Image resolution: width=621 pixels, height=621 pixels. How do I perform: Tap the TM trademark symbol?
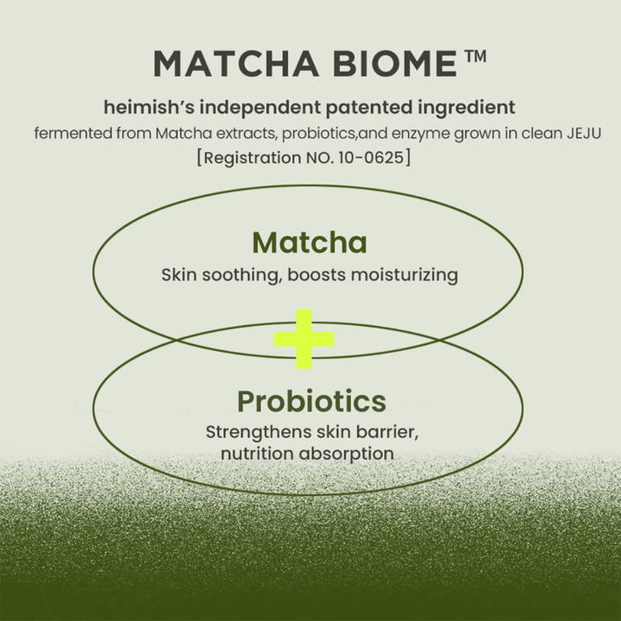475,57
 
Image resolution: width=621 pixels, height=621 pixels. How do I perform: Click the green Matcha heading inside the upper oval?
310,242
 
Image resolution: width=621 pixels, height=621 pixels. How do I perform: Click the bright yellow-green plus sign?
304,340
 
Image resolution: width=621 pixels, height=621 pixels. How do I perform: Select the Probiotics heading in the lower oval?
310,401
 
